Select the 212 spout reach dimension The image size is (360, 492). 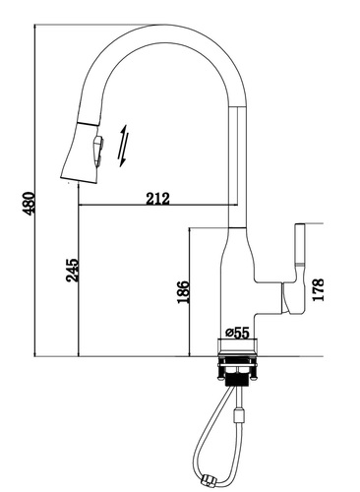pyautogui.click(x=158, y=199)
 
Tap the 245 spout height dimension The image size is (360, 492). pyautogui.click(x=73, y=271)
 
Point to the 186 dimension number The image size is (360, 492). pyautogui.click(x=183, y=292)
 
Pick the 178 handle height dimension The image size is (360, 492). pyautogui.click(x=318, y=289)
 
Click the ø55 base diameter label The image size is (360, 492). pyautogui.click(x=238, y=333)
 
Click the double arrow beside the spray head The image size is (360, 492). pyautogui.click(x=124, y=146)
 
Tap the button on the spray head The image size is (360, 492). pyautogui.click(x=98, y=152)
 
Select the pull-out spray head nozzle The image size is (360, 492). pyautogui.click(x=82, y=153)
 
